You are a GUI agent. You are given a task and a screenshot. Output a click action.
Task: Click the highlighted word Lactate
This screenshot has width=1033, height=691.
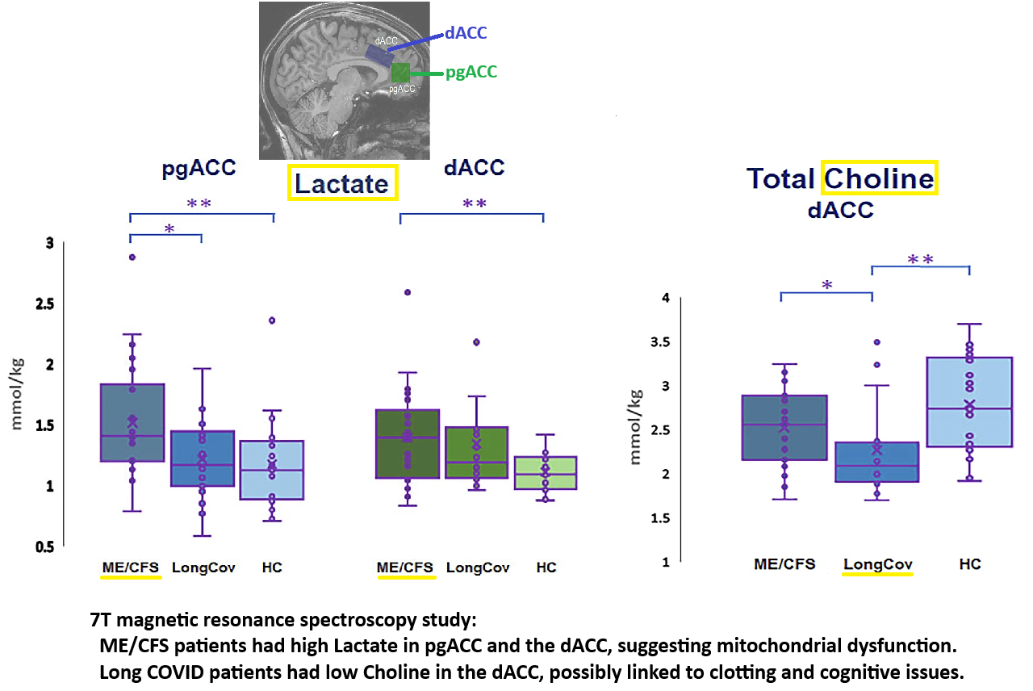coord(342,183)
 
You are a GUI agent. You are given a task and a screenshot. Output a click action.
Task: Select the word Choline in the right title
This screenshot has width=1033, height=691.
coord(879,178)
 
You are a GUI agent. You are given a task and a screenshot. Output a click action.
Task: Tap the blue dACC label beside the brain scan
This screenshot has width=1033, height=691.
coord(466,34)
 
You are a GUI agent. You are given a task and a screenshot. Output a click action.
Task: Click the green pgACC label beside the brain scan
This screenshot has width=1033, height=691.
coord(471,73)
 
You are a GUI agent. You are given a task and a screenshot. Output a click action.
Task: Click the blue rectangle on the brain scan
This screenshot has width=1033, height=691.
coord(378,53)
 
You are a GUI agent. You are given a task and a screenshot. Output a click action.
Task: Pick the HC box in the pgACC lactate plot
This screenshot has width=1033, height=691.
coord(273,470)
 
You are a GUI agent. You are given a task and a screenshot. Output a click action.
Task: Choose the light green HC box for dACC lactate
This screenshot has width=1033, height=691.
coord(546,472)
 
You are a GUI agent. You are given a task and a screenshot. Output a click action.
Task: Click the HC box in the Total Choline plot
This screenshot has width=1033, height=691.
coord(969,401)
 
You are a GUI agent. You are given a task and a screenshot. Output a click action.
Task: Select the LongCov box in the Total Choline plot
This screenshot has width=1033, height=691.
coord(876,461)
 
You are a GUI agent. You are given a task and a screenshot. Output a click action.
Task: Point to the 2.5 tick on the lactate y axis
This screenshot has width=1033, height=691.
coord(39,304)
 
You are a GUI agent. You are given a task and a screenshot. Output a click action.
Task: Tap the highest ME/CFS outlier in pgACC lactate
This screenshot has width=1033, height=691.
coord(132,257)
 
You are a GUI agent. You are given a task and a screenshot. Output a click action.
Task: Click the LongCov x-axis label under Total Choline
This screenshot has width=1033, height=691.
coord(877,564)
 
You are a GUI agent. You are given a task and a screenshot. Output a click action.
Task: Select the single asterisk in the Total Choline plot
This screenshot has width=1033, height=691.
coord(826,285)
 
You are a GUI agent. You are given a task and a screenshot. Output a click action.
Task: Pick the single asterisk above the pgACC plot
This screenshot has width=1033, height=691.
coord(169,229)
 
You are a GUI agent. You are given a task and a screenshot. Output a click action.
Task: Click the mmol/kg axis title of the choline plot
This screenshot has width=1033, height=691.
coord(636,426)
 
